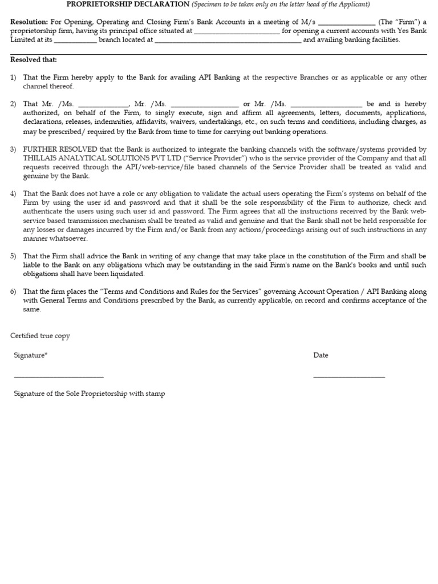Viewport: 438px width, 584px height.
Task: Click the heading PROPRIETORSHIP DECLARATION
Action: [x=128, y=5]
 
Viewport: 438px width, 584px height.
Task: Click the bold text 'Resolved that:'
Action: [x=34, y=60]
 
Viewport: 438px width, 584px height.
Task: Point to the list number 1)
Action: [x=14, y=78]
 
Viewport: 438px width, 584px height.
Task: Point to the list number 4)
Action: [x=14, y=194]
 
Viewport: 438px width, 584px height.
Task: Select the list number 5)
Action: [x=14, y=257]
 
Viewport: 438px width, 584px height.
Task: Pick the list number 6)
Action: [x=14, y=291]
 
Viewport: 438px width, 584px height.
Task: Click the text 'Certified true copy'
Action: [x=40, y=336]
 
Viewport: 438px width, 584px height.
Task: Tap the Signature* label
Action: [x=31, y=355]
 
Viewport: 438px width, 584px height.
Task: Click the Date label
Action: [x=321, y=355]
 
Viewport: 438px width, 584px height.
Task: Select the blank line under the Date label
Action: [x=348, y=376]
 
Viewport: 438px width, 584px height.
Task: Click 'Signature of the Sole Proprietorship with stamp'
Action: [x=90, y=394]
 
